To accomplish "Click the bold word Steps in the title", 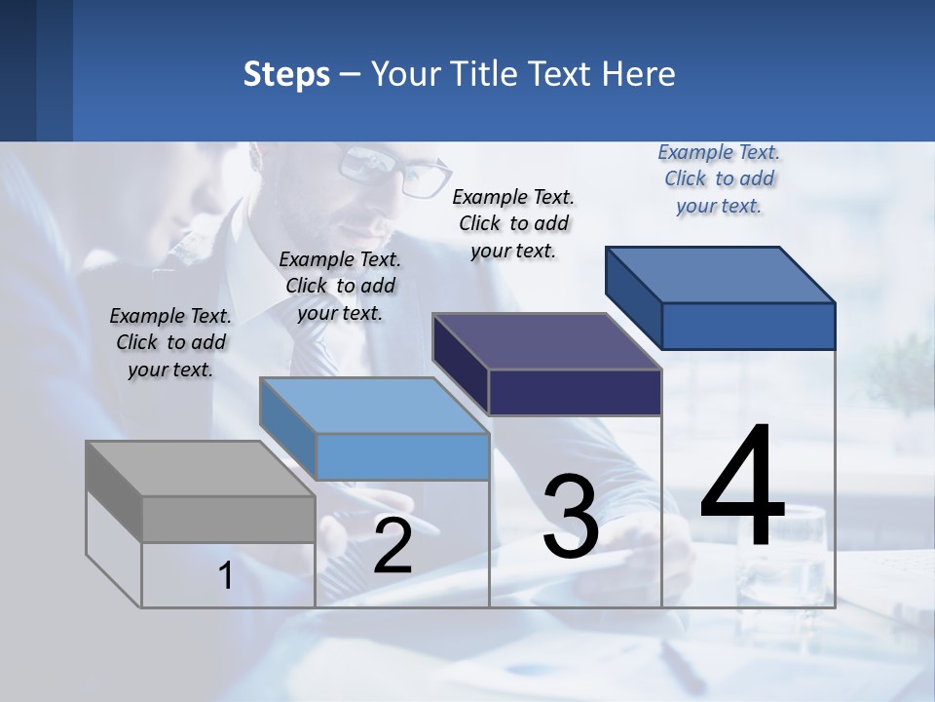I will pos(286,74).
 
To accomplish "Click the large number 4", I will pos(742,487).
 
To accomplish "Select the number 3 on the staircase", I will pos(571,517).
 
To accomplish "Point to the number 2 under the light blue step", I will pos(393,547).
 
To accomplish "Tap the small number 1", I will pos(226,576).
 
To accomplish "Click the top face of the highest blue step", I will pos(721,275).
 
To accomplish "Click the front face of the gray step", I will pos(228,520).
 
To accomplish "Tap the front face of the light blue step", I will pos(402,456).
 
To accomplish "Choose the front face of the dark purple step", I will pos(575,392).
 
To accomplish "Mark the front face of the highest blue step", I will pos(748,326).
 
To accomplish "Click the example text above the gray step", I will pos(170,342).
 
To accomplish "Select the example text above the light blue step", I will pos(340,286).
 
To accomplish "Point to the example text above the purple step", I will pos(513,223).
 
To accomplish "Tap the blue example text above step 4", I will pos(719,178).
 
